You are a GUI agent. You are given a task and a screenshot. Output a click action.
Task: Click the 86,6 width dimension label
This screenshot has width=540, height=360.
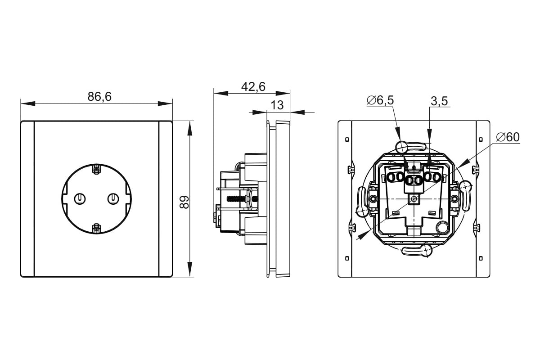(99, 97)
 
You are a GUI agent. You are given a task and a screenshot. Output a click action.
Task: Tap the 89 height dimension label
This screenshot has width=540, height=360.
(184, 202)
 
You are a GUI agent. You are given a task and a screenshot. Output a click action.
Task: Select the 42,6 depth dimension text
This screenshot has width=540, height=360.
(253, 86)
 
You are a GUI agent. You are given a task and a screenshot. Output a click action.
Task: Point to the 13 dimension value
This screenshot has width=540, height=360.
(277, 105)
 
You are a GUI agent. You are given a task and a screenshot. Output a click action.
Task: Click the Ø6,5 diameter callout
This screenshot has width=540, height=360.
(380, 100)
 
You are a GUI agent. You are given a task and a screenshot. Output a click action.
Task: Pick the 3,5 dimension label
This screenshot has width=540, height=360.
(439, 101)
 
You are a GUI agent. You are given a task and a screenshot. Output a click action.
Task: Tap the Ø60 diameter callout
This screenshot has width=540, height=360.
(508, 137)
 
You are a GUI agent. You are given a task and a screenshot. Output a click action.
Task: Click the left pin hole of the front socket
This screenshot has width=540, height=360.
(80, 199)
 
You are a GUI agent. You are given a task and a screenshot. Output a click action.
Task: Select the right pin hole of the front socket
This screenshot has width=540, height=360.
(113, 199)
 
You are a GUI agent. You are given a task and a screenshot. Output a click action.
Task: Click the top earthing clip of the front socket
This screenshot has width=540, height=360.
(96, 169)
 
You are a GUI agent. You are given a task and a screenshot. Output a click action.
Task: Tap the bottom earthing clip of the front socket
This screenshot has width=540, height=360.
(96, 228)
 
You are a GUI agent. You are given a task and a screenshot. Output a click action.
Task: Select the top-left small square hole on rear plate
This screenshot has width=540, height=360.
(347, 139)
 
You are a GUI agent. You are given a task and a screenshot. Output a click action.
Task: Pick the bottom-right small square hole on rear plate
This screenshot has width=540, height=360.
(481, 258)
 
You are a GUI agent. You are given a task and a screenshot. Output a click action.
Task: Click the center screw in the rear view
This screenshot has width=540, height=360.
(414, 199)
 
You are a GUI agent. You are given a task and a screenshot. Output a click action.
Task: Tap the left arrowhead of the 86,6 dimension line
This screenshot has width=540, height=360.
(28, 103)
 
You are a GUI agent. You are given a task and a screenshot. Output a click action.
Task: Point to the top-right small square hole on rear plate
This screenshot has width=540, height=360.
(481, 139)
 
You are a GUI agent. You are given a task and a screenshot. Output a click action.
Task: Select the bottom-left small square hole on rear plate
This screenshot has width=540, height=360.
(347, 258)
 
